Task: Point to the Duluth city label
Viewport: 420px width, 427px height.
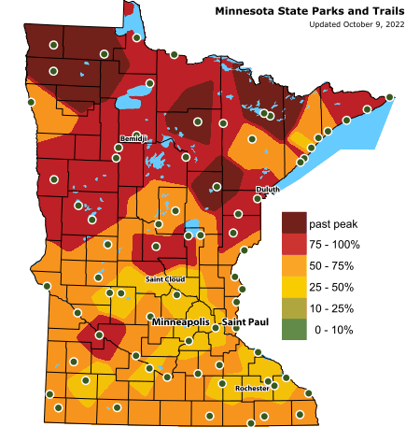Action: (x=267, y=190)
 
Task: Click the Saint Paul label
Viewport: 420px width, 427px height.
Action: (x=245, y=322)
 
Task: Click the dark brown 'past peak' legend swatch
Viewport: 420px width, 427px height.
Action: (x=294, y=223)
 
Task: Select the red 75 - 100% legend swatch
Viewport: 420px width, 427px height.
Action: (x=294, y=246)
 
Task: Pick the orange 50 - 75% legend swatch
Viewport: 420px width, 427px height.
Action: (x=294, y=266)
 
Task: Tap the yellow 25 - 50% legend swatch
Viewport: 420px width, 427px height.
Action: (x=294, y=288)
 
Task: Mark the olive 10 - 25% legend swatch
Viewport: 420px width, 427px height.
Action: (x=294, y=308)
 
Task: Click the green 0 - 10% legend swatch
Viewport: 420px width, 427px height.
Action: (x=294, y=330)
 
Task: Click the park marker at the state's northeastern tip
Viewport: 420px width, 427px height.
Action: (x=390, y=97)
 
